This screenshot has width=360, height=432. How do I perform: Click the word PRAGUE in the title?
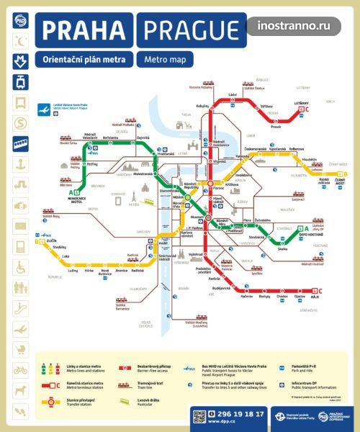click(x=192, y=31)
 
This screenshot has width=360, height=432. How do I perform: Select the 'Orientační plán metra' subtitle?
click(x=85, y=60)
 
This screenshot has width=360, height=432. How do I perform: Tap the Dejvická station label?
click(x=143, y=138)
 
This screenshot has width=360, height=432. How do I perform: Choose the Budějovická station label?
click(x=212, y=287)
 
